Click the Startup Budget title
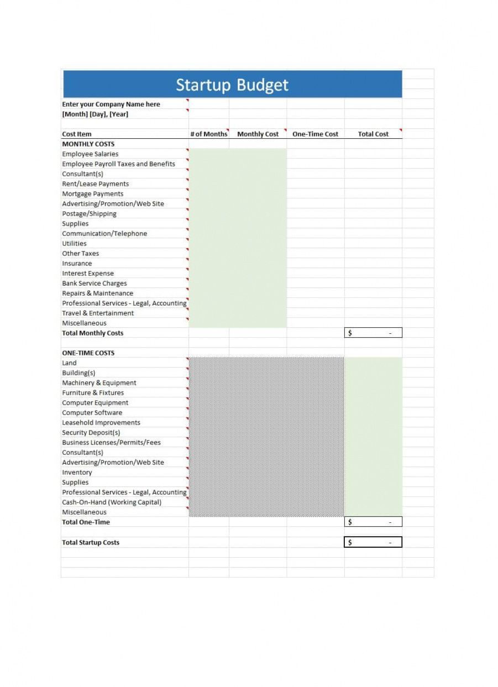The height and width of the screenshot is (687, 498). (x=232, y=85)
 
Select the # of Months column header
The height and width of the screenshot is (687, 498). (x=208, y=134)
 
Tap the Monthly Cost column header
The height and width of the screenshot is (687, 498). (x=258, y=134)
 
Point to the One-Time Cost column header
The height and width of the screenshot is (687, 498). (x=315, y=134)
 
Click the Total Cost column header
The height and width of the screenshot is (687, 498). (x=373, y=134)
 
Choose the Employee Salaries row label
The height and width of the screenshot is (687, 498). (x=90, y=154)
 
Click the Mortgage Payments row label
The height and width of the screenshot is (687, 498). (x=93, y=194)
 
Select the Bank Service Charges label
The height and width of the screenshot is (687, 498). (x=95, y=284)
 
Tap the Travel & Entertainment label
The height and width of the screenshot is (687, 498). (x=98, y=313)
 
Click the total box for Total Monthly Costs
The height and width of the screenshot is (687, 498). (x=373, y=333)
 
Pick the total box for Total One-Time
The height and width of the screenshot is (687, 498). (x=373, y=522)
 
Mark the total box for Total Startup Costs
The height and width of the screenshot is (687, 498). (x=373, y=542)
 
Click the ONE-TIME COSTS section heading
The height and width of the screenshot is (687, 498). (x=88, y=353)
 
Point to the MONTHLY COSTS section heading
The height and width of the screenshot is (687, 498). (x=88, y=144)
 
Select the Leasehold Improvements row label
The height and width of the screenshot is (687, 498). (x=101, y=423)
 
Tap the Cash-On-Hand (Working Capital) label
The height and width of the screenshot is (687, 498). (x=112, y=502)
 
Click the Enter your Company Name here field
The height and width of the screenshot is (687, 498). (x=111, y=104)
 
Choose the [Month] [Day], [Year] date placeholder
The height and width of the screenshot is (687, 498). (x=95, y=114)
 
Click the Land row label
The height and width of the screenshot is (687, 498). (x=70, y=363)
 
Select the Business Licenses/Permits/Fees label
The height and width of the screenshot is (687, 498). (x=112, y=443)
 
